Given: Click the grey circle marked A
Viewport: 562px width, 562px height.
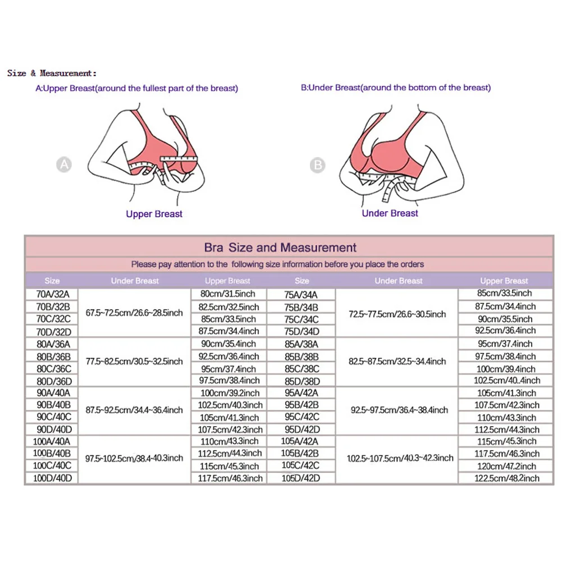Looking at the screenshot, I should [65, 165].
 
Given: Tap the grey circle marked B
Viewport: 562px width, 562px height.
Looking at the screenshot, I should [318, 165].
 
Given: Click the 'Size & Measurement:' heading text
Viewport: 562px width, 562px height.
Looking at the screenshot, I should [52, 73].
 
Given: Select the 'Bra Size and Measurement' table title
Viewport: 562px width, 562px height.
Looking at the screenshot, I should [280, 248].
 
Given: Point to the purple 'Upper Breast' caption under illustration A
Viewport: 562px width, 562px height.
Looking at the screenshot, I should [154, 214].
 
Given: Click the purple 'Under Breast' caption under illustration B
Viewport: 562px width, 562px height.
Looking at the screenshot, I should [390, 213].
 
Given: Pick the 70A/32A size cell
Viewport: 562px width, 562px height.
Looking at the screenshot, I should [52, 294].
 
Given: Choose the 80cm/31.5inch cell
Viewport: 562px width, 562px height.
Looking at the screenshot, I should [227, 294].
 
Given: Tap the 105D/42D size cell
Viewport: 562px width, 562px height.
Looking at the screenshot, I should [301, 478].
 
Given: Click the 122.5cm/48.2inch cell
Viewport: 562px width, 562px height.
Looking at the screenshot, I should [504, 478].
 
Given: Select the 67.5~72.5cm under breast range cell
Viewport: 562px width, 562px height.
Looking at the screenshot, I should [135, 312].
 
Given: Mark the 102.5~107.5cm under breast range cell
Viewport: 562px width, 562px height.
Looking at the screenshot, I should [399, 458].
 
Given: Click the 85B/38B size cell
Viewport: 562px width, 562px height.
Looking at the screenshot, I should [301, 357].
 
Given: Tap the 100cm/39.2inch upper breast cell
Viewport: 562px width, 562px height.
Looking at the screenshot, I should [227, 393].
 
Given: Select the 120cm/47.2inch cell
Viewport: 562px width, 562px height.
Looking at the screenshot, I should [504, 466].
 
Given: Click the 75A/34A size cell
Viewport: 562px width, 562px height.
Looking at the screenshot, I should [301, 294].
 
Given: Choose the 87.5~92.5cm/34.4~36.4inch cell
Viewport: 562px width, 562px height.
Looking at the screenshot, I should [135, 410].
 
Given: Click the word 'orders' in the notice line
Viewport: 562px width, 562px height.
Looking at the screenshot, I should [412, 264].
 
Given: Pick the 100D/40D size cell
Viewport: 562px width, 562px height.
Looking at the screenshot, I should [52, 478].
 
